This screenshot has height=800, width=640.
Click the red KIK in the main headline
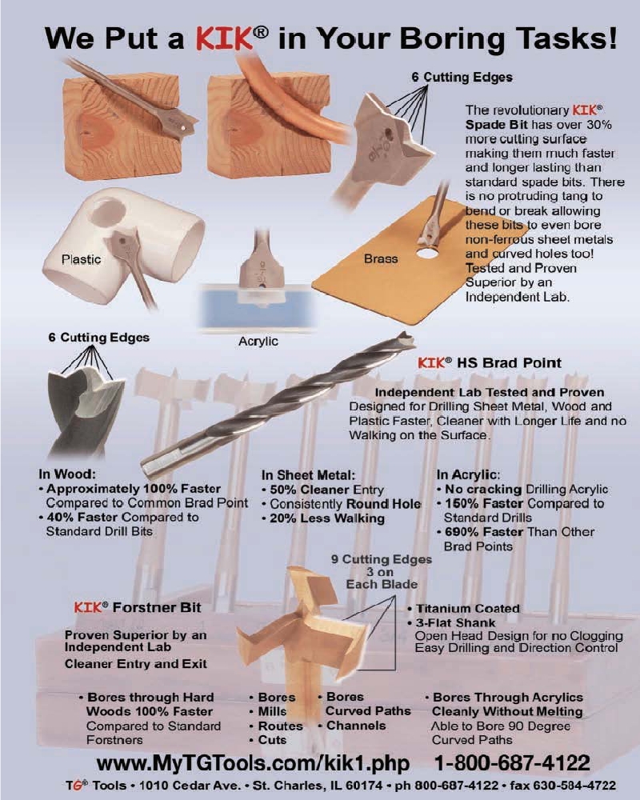tap(224, 38)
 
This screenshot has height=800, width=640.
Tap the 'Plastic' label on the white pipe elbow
tap(81, 259)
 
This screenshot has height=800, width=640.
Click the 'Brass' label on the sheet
tap(381, 258)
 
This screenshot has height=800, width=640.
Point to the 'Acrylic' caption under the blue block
tap(258, 341)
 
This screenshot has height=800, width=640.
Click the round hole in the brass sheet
tap(428, 252)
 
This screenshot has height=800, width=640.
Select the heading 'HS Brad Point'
tap(509, 362)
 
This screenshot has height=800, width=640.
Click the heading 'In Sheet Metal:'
tap(308, 475)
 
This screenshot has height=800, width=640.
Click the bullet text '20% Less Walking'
tap(327, 518)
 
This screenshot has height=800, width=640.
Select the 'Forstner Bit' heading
tap(157, 607)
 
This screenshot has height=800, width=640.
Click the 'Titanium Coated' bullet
tap(468, 608)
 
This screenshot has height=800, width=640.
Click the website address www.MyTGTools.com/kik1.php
tap(253, 763)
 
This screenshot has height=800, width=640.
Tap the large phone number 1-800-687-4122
tap(512, 763)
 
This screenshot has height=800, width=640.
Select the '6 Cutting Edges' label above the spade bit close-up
tap(462, 77)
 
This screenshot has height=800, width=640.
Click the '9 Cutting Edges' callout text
tap(382, 559)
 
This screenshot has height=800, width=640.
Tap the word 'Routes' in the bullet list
tap(280, 726)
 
